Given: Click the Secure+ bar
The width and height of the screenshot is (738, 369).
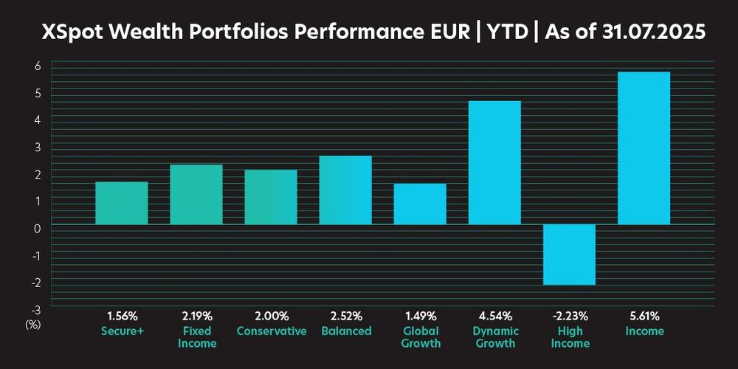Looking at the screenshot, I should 122,203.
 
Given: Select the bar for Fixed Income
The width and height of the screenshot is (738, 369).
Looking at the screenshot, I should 196,194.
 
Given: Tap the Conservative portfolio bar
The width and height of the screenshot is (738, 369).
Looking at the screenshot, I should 271,197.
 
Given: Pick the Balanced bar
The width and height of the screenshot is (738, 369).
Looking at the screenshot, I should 345,190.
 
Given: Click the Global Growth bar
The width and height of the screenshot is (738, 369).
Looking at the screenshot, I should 420,204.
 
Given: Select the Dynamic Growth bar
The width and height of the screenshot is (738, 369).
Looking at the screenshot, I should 494,162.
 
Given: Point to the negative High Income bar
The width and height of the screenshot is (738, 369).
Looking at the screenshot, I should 569,254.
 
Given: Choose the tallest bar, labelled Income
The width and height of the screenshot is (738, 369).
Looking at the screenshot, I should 644,148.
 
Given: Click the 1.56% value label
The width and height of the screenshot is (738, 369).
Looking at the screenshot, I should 122,317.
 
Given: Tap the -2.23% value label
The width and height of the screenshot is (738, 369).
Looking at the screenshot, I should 569,317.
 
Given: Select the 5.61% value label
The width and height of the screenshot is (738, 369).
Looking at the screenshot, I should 644,317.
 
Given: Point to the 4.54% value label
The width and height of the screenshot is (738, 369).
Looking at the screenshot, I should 494,317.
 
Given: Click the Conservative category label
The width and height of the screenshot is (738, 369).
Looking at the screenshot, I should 271,331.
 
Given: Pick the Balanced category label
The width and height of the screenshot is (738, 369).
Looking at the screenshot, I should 345,331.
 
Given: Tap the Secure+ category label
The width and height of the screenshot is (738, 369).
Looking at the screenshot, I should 122,331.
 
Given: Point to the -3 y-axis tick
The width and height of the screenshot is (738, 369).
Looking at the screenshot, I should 34,309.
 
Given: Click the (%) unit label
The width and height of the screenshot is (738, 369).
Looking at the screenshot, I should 34,323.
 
